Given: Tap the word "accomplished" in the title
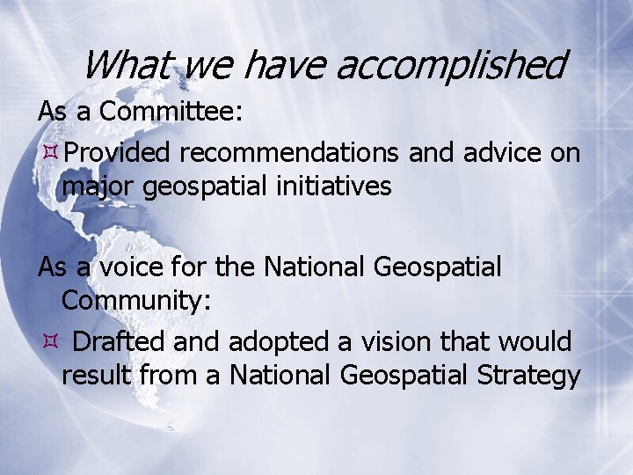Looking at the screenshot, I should point(450,64).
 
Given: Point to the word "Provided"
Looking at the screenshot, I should point(117,153).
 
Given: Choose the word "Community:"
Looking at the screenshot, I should point(136,301).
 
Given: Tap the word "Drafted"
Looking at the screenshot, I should point(123,341).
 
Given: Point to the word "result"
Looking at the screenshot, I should point(97,375).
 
